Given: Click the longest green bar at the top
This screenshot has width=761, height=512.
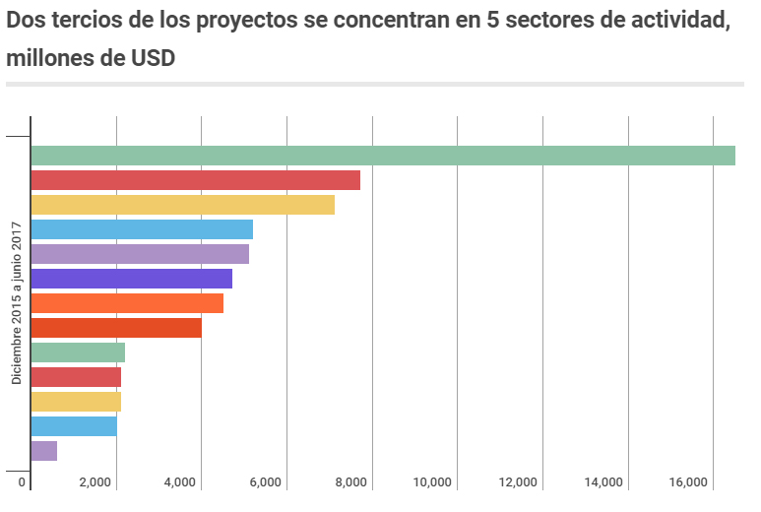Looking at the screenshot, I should (x=383, y=156).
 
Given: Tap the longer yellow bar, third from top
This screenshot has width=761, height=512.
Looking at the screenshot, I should (x=183, y=205).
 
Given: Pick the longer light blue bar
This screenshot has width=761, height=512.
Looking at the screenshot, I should (x=142, y=229).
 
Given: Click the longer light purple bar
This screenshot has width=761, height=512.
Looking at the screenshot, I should (x=140, y=254).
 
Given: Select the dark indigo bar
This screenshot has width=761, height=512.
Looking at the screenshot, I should (x=132, y=279).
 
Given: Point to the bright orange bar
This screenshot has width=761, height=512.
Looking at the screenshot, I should (x=127, y=303).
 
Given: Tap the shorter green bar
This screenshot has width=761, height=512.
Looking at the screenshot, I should (x=78, y=352).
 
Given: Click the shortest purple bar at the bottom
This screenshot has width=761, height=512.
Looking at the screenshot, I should (x=44, y=451).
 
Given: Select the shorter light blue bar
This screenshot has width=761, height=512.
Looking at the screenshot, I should (x=74, y=426).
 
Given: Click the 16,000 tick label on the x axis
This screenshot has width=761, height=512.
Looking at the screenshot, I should (x=688, y=482).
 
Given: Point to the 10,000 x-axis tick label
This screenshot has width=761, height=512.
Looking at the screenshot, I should (x=432, y=482).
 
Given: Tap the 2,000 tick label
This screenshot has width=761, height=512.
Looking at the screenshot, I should (x=95, y=482).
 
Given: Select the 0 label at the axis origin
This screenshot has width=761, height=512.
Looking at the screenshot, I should (x=22, y=482).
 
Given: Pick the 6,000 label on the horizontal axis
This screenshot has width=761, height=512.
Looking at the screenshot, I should (x=266, y=482).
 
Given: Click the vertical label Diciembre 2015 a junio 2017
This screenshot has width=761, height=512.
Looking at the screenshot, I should (x=17, y=303).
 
